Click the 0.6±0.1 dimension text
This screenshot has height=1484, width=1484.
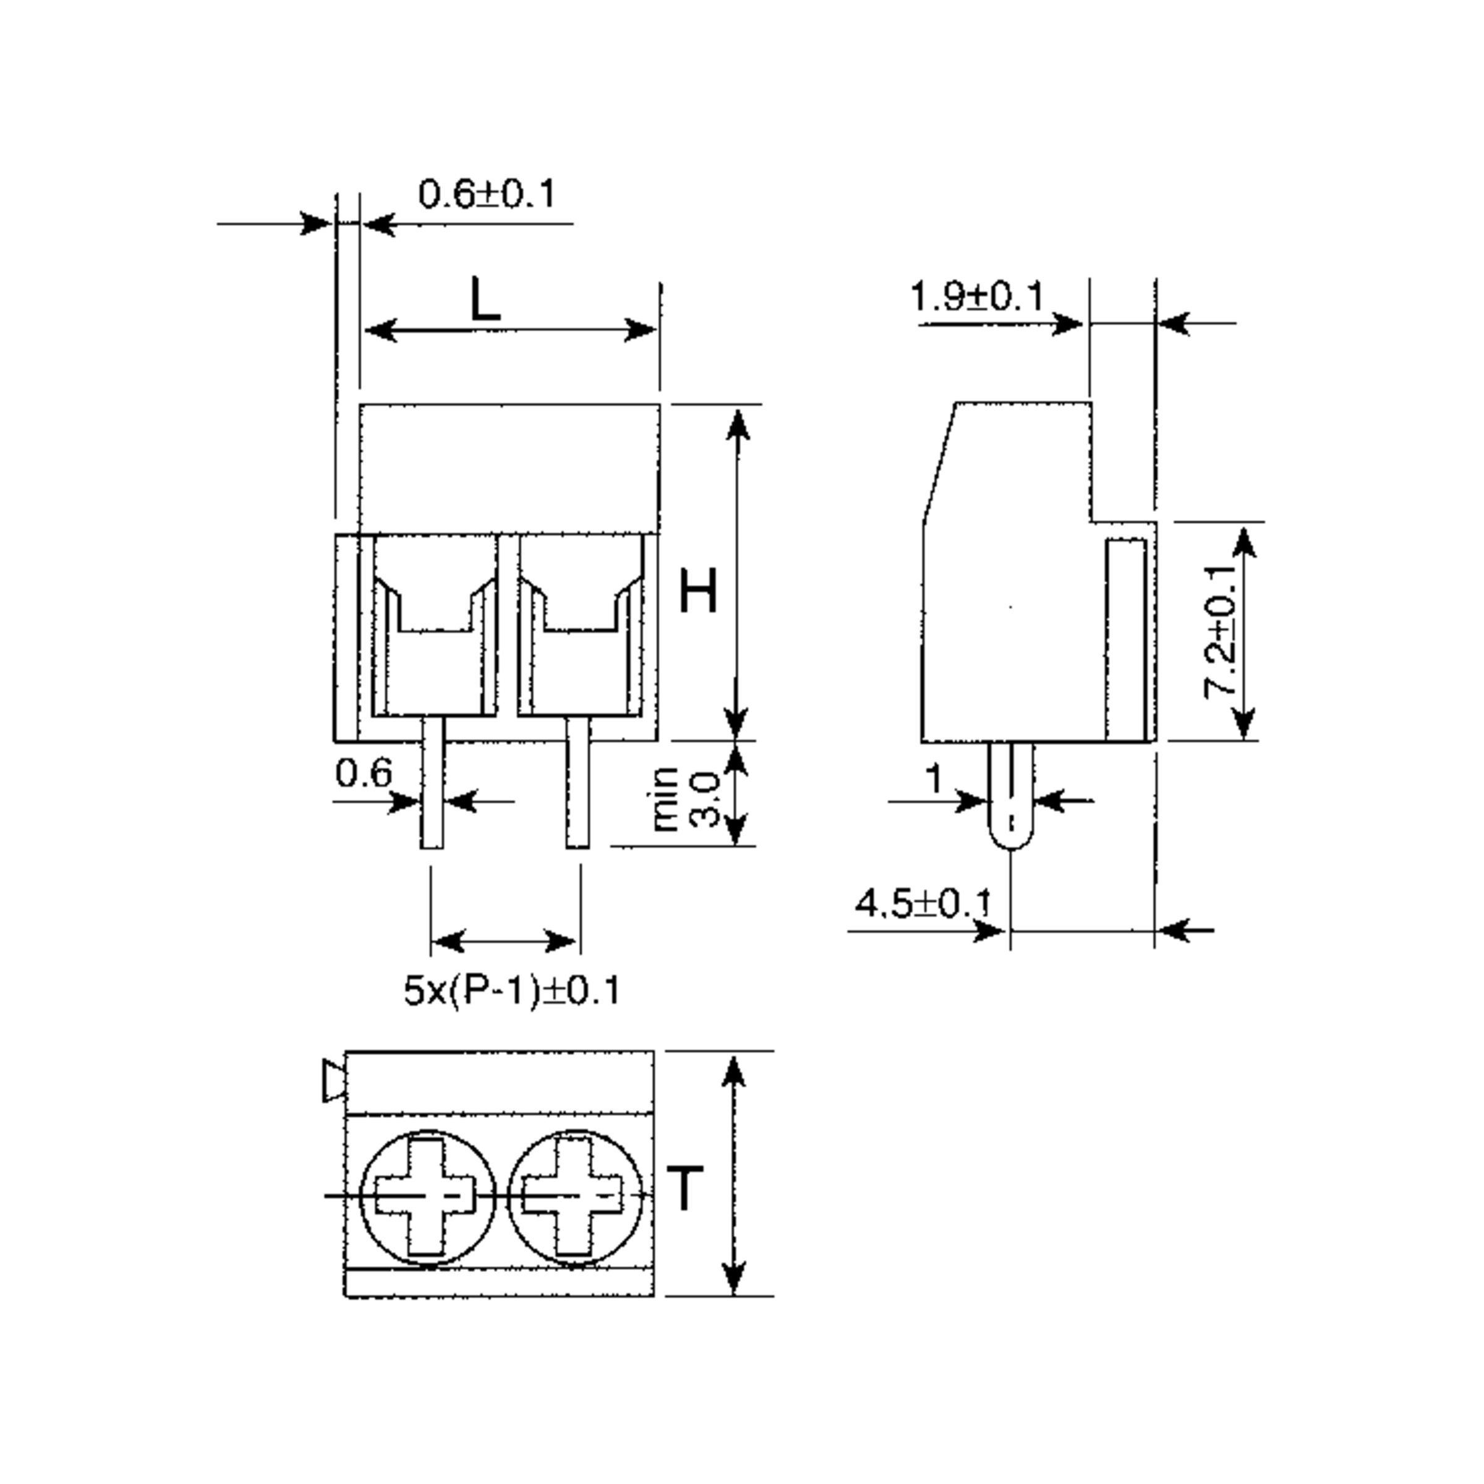point(485,194)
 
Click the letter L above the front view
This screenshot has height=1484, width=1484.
point(485,299)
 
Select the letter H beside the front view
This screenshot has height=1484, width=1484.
point(698,592)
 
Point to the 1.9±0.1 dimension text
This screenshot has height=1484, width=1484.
point(976,297)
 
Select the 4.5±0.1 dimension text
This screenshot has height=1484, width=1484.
point(923,903)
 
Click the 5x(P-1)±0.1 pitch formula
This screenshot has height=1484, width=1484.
point(511,990)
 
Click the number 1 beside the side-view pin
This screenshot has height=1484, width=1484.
point(933,779)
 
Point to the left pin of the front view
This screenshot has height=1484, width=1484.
point(432,782)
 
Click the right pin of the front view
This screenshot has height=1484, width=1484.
point(578,782)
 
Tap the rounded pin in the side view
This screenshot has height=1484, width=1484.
point(1011,795)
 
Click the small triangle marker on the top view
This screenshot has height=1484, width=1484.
point(334,1081)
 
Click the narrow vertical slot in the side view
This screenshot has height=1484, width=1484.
point(1126,640)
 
